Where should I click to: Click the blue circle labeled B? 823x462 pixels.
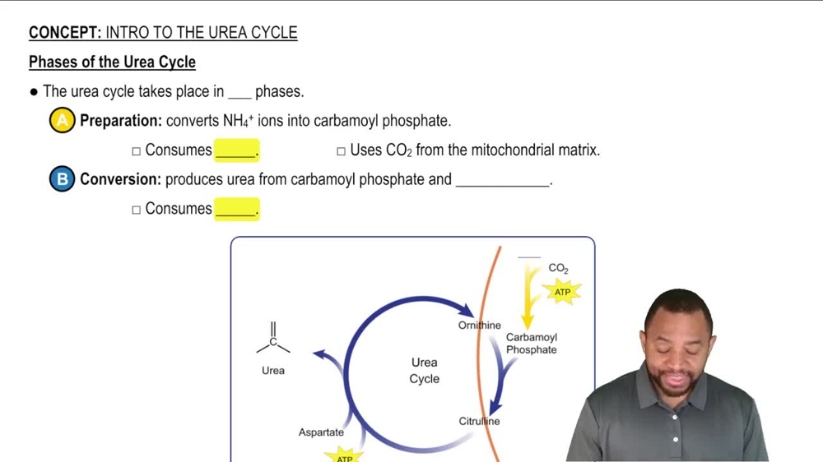click(x=62, y=179)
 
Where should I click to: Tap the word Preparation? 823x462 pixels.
click(x=121, y=121)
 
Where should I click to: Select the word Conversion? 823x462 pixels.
click(x=120, y=179)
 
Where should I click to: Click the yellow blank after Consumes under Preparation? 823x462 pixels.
click(x=236, y=150)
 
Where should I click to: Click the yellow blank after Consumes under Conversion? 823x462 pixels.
click(x=236, y=209)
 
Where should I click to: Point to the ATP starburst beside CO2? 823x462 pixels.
click(x=562, y=292)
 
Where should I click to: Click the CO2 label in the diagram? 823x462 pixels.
click(x=558, y=268)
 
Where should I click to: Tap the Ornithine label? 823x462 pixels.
click(x=480, y=326)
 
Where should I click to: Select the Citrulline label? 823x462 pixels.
click(x=479, y=422)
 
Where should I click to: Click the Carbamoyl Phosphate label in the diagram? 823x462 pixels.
click(x=532, y=344)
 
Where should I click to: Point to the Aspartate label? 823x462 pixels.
click(x=321, y=432)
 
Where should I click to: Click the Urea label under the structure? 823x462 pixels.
click(x=273, y=371)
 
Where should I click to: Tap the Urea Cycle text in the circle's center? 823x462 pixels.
click(x=425, y=371)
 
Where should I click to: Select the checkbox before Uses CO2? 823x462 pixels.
click(x=341, y=151)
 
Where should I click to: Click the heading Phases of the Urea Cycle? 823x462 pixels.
click(x=112, y=62)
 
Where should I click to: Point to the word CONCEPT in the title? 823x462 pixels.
click(x=64, y=33)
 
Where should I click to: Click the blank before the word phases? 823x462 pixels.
click(x=239, y=92)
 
